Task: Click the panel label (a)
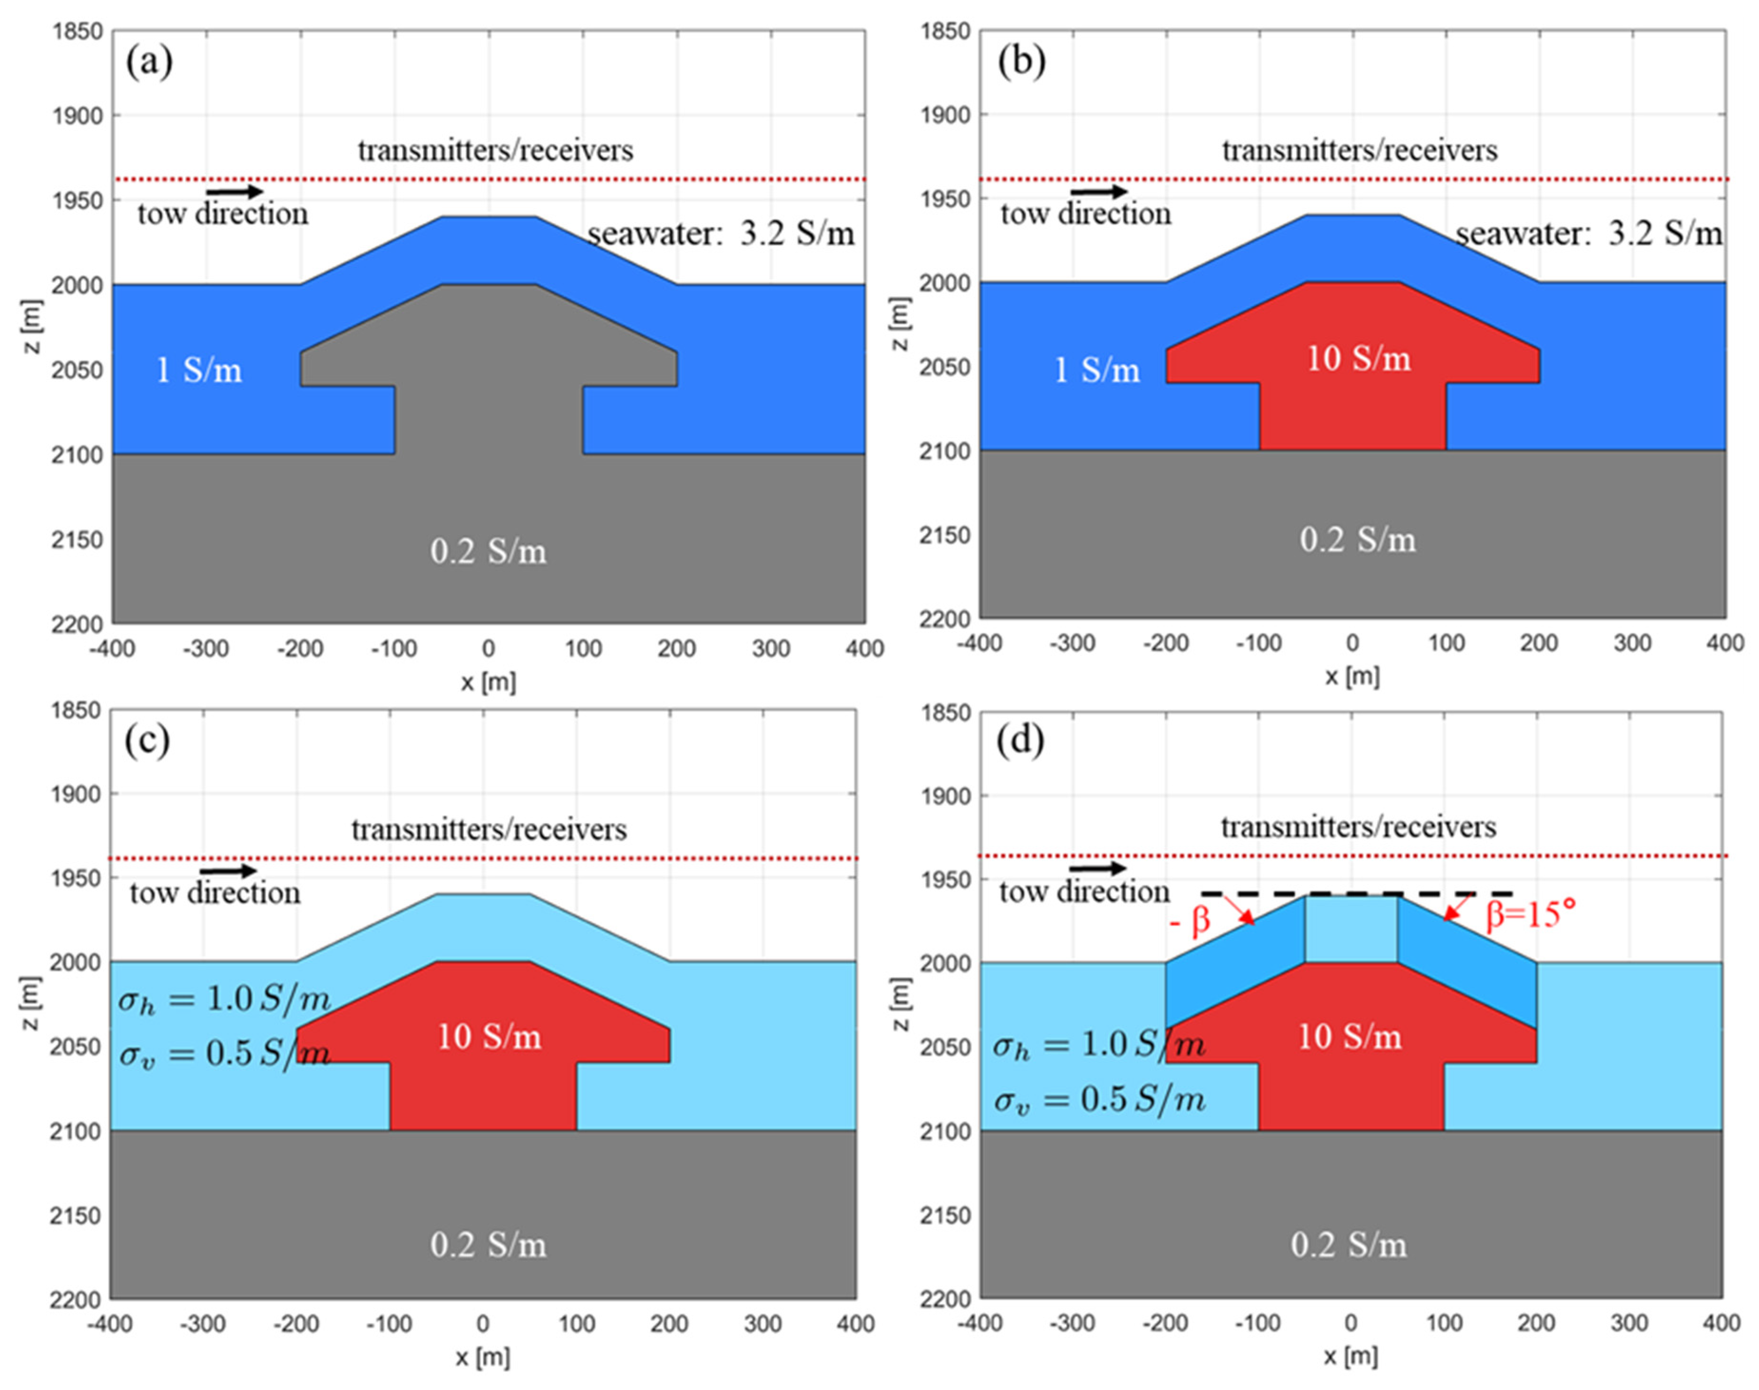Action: coord(149,62)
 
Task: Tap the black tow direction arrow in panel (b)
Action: coord(1098,192)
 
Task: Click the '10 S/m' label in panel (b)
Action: coord(1358,358)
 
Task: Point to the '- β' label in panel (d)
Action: coord(1190,920)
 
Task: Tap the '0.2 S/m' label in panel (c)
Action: coord(488,1245)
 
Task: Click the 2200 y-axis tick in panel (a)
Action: coord(77,624)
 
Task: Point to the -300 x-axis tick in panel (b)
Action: coord(1072,643)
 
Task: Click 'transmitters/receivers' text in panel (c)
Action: coord(489,829)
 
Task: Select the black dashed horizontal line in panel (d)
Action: coord(1356,893)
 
